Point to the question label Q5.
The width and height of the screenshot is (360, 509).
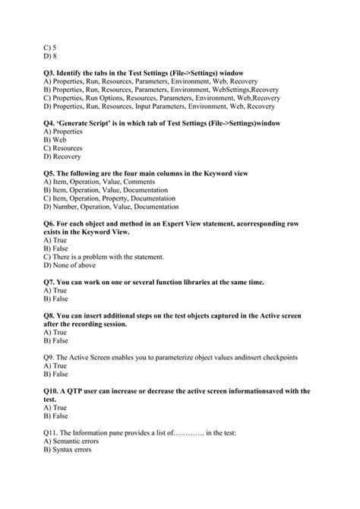pyautogui.click(x=51, y=173)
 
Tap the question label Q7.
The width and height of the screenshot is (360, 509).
pyautogui.click(x=51, y=282)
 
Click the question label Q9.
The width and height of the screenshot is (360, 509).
pyautogui.click(x=51, y=356)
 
